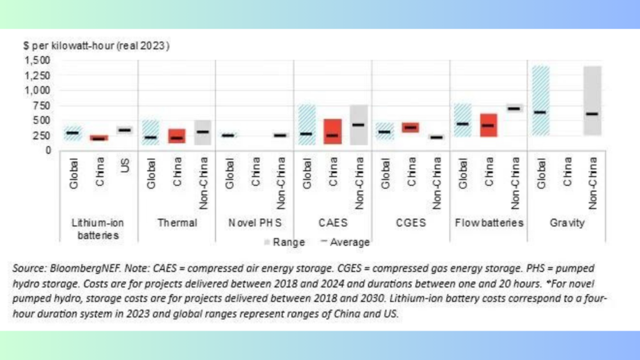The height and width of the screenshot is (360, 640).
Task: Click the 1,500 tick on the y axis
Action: pyautogui.click(x=37, y=61)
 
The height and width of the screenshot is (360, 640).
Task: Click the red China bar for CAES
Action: pyautogui.click(x=332, y=131)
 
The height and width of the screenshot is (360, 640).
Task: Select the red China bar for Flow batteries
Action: pyautogui.click(x=489, y=125)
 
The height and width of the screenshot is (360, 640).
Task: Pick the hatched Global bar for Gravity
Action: pyautogui.click(x=541, y=101)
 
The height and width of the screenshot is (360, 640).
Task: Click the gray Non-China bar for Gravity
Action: pyautogui.click(x=592, y=101)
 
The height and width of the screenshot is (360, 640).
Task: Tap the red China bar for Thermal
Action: pyautogui.click(x=177, y=136)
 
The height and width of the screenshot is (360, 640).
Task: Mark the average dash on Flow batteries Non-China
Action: pyautogui.click(x=514, y=109)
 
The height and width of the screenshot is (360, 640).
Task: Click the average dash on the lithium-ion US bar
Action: pyautogui.click(x=124, y=130)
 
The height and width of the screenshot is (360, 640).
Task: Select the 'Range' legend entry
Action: pyautogui.click(x=284, y=242)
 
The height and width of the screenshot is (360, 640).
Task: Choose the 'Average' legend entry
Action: pyautogui.click(x=345, y=242)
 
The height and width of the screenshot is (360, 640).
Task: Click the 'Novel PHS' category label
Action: pyautogui.click(x=255, y=223)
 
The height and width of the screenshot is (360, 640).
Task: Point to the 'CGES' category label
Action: pyautogui.click(x=411, y=223)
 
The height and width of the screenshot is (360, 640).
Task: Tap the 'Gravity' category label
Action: pyautogui.click(x=567, y=223)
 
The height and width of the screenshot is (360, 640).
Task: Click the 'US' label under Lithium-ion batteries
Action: pyautogui.click(x=125, y=165)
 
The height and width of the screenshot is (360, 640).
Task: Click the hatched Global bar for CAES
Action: pyautogui.click(x=307, y=125)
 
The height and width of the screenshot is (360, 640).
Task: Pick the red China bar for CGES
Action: pyautogui.click(x=411, y=127)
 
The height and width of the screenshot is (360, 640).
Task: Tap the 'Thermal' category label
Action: pyautogui.click(x=177, y=223)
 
